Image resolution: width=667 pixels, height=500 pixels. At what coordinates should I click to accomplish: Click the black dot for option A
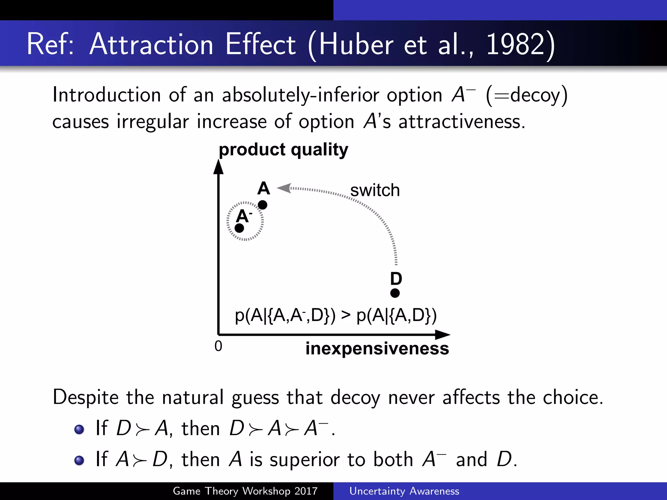[263, 205]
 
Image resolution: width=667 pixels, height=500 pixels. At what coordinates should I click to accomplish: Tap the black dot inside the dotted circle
[239, 228]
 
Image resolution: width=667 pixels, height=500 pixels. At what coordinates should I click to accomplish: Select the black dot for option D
[395, 293]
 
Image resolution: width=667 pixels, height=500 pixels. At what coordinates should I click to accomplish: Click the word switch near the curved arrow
[375, 190]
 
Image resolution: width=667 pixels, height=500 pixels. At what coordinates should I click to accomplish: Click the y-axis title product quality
[283, 150]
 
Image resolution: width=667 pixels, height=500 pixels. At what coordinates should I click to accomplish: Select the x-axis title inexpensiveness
[377, 349]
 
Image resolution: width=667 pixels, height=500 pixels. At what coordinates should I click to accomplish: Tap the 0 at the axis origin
[218, 346]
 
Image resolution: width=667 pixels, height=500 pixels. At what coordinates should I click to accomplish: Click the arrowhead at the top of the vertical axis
[218, 167]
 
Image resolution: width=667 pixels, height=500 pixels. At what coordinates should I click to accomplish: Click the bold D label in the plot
[396, 279]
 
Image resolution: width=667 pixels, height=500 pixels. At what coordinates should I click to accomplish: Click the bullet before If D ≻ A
[79, 429]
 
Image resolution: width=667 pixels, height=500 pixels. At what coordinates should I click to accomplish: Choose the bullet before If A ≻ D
[79, 461]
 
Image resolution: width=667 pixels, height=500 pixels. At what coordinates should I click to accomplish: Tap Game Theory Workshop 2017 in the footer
[245, 491]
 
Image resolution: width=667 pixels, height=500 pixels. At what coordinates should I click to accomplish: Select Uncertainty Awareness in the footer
[404, 491]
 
